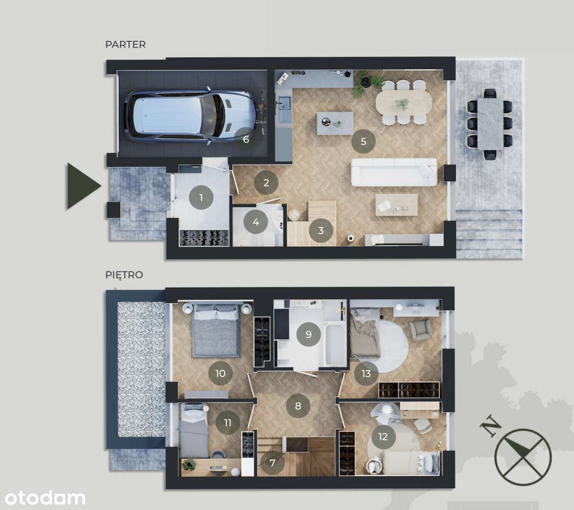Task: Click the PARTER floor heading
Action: coord(125,44)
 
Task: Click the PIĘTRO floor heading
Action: coord(124,275)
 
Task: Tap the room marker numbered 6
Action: coord(246,139)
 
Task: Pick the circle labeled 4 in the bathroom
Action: coord(256,222)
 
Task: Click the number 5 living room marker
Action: coord(363,141)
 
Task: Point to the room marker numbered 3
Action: coord(321,231)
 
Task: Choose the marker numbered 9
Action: coord(308,335)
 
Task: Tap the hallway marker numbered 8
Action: coord(298,406)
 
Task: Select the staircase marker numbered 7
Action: coord(273,463)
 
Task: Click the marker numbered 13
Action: coord(366,373)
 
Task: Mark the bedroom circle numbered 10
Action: coord(220,373)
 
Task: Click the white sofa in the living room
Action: coord(394,172)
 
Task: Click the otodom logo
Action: coord(43,497)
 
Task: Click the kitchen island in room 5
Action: coord(334,123)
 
